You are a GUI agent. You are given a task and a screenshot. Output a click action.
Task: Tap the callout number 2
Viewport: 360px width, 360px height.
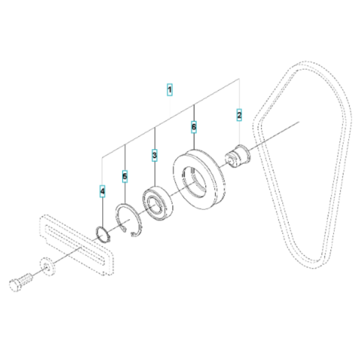coord(239,115)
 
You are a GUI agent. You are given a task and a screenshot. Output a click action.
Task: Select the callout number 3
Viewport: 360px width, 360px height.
coord(154,155)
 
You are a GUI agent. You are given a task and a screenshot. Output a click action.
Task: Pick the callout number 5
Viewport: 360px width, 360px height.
coord(125,175)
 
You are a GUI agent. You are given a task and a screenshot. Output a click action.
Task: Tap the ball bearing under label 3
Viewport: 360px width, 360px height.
coord(157,203)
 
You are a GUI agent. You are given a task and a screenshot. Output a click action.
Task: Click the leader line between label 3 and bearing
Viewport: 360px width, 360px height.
coord(154,174)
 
